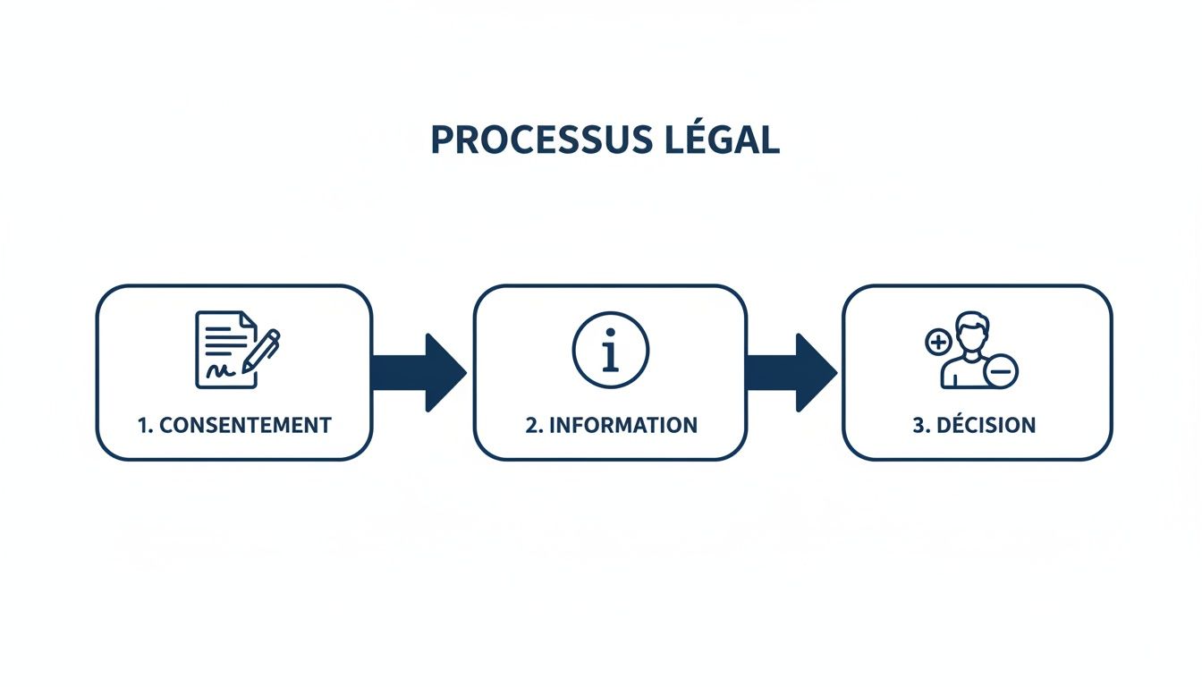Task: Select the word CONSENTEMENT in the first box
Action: coord(245,425)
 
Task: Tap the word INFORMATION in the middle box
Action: coord(623,425)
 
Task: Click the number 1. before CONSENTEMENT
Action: coord(146,425)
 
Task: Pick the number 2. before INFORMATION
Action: coord(534,425)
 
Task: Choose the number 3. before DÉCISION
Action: coord(921,425)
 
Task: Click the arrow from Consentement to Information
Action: coord(419,372)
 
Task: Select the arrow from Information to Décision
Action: coord(791,372)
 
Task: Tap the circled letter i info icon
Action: coord(610,350)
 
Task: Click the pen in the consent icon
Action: coord(260,352)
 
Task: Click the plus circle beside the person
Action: coord(937,342)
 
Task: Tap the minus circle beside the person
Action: coord(1003,369)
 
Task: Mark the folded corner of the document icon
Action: coord(249,319)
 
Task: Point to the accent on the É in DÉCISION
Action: coord(952,414)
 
